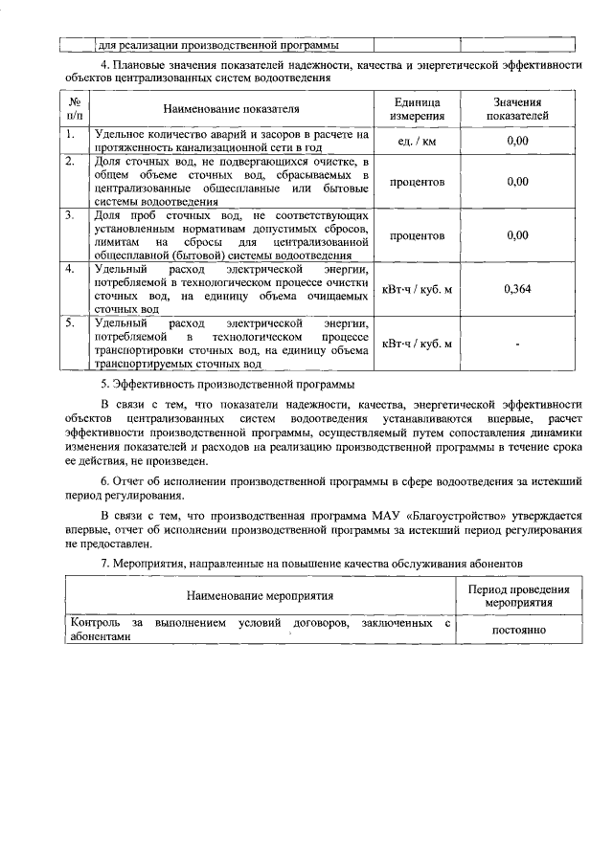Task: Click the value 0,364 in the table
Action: (517, 288)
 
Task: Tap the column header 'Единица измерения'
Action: (417, 108)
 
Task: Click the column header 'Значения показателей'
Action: (517, 108)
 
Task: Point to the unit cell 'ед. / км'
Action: (417, 142)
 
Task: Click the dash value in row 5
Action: (517, 344)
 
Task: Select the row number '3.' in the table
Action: (70, 215)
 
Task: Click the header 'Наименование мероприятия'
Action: (260, 597)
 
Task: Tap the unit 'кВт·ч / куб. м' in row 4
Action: (417, 288)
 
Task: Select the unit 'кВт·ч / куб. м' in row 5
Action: (417, 344)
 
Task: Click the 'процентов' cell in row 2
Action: (417, 181)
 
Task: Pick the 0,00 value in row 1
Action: (517, 142)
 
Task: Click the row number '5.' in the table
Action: (70, 324)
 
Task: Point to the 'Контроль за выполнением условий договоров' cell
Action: (260, 632)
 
